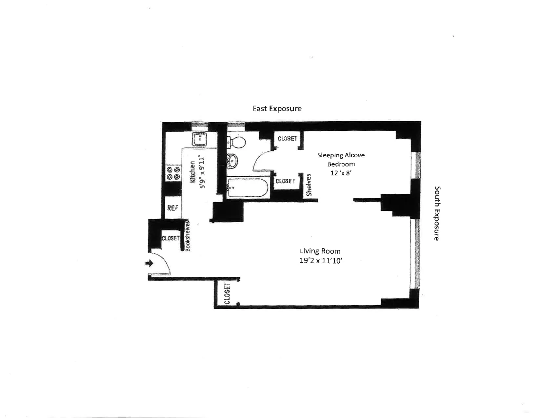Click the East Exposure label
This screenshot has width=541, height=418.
277,109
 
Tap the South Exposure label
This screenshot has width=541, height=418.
437,213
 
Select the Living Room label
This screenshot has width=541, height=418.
320,251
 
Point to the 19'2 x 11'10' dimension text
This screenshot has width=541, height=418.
321,261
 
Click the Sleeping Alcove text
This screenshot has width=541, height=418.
341,155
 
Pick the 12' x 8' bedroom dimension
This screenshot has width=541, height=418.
341,173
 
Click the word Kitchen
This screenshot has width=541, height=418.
192,172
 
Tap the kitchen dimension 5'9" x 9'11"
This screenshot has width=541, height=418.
202,172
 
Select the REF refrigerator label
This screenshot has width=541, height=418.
173,208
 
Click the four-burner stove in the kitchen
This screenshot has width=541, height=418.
173,173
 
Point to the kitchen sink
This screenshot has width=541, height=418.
199,139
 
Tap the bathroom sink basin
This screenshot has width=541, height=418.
232,161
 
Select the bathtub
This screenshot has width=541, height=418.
248,188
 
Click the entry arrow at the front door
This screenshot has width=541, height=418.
150,263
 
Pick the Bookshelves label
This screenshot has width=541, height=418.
188,236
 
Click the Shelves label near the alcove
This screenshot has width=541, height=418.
309,185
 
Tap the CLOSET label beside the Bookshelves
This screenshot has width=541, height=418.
170,238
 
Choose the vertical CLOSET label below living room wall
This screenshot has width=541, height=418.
227,293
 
